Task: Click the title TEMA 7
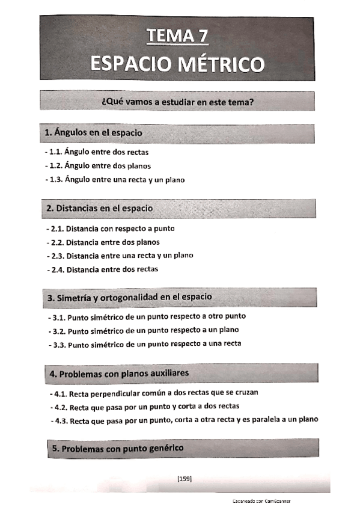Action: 178,37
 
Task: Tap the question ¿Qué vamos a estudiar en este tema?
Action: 177,102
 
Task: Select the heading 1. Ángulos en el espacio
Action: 94,132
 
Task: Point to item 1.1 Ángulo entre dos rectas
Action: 98,152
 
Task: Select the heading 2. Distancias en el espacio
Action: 100,208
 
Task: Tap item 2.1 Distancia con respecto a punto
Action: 111,229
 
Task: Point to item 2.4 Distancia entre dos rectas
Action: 103,269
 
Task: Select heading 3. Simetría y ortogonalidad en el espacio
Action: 129,297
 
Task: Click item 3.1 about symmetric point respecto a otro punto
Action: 147,316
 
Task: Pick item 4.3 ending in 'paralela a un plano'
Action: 185,420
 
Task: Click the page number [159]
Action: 184,479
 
